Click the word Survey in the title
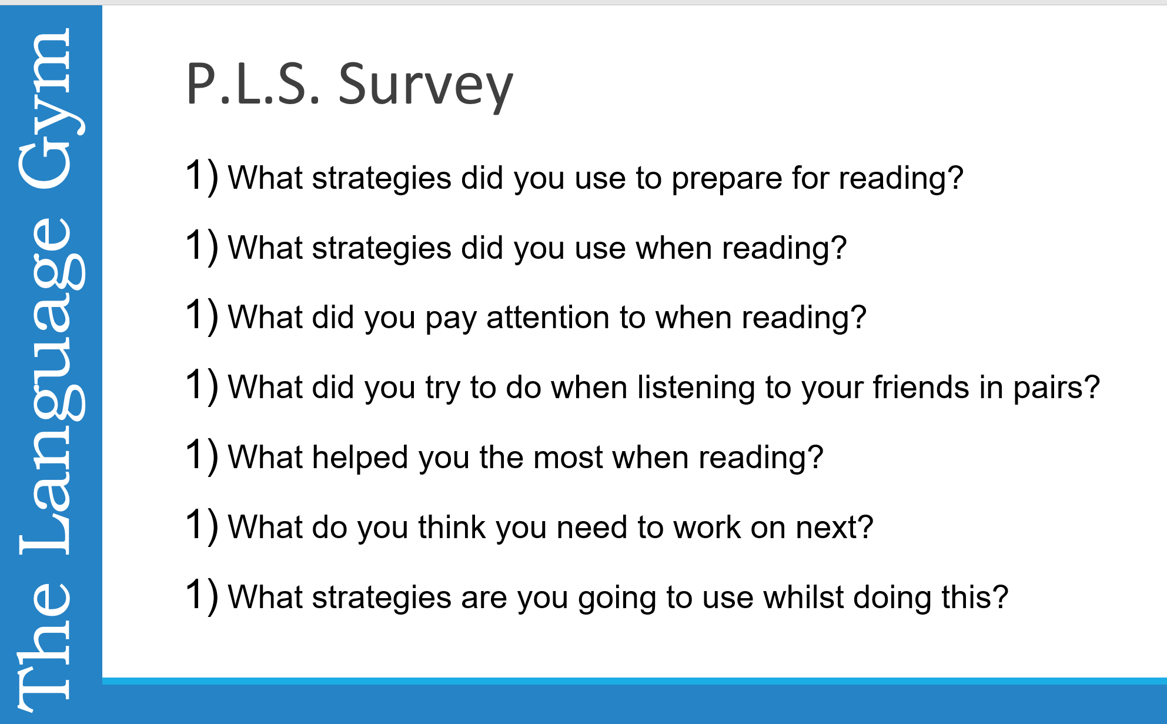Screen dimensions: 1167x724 click(426, 86)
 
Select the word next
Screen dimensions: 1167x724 click(827, 528)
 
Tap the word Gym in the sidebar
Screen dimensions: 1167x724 click(52, 109)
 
